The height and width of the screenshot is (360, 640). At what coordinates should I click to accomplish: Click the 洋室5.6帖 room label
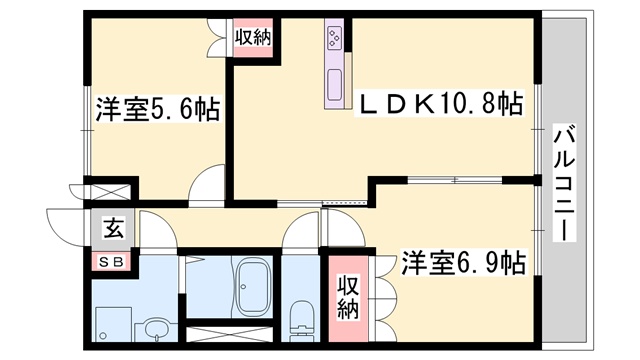point(158,109)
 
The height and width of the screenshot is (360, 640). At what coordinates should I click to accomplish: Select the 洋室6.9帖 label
point(464,262)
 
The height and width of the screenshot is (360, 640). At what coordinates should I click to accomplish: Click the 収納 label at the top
point(252,38)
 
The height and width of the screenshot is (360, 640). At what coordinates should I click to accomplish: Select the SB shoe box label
point(112,262)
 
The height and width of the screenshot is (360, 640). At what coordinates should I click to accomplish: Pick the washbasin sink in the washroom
point(154,326)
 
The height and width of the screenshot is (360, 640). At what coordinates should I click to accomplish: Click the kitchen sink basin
point(334,86)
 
